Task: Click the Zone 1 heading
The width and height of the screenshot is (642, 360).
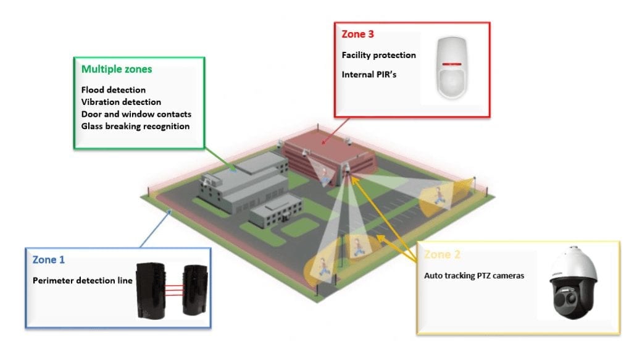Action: pyautogui.click(x=48, y=259)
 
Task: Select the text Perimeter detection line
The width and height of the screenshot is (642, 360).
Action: pyautogui.click(x=82, y=280)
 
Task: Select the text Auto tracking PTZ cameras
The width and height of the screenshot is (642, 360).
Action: pyautogui.click(x=474, y=275)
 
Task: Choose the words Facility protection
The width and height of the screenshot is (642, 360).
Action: pyautogui.click(x=378, y=55)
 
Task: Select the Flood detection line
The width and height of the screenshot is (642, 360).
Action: pyautogui.click(x=113, y=90)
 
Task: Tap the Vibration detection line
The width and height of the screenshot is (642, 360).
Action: pyautogui.click(x=120, y=102)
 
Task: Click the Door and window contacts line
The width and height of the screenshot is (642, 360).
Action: pyautogui.click(x=136, y=114)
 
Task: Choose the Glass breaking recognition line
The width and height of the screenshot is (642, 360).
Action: pyautogui.click(x=135, y=126)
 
